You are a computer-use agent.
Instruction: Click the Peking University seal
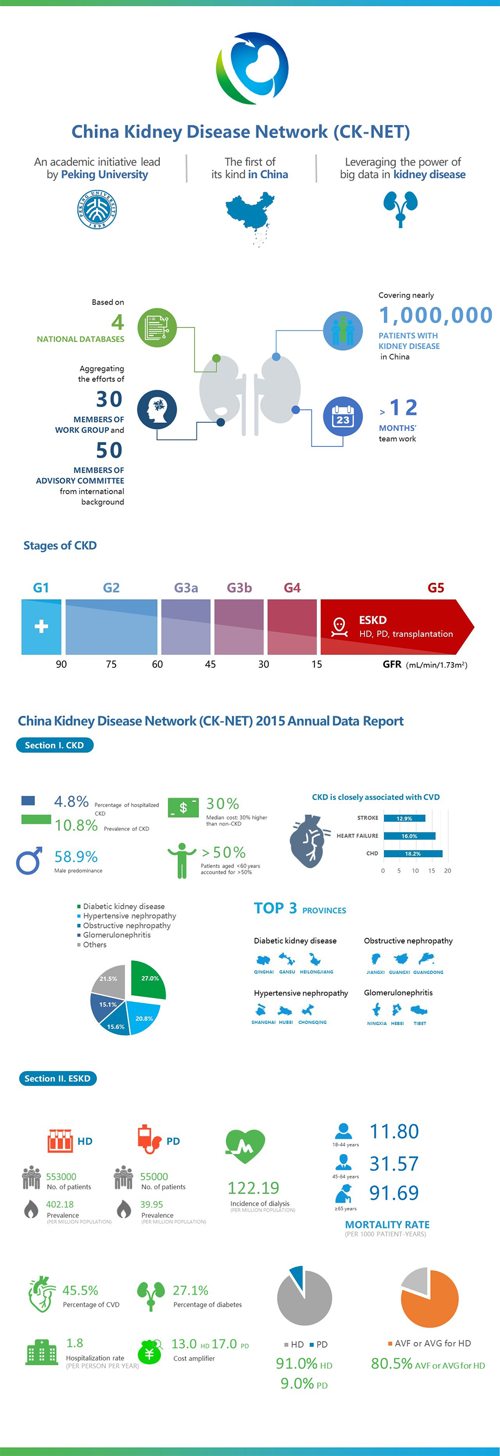(x=97, y=209)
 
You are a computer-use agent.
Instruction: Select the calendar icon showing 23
(x=343, y=417)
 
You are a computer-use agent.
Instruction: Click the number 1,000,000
(x=435, y=315)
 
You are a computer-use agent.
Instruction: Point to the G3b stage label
(x=239, y=588)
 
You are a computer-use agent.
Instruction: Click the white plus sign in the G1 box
(x=41, y=626)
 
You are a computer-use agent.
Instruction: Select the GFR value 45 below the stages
(x=210, y=664)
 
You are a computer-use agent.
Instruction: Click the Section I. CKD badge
(x=55, y=745)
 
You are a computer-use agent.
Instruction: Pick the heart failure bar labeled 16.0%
(x=409, y=836)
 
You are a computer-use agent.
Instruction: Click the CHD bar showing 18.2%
(x=413, y=854)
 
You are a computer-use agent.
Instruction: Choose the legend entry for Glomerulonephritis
(x=117, y=935)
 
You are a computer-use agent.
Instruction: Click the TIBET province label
(x=420, y=1023)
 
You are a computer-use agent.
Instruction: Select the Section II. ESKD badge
(x=58, y=1078)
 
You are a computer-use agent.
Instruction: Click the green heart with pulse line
(x=245, y=1145)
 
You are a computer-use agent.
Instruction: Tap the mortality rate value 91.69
(x=394, y=1193)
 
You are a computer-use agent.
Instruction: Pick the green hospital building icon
(x=42, y=1352)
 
